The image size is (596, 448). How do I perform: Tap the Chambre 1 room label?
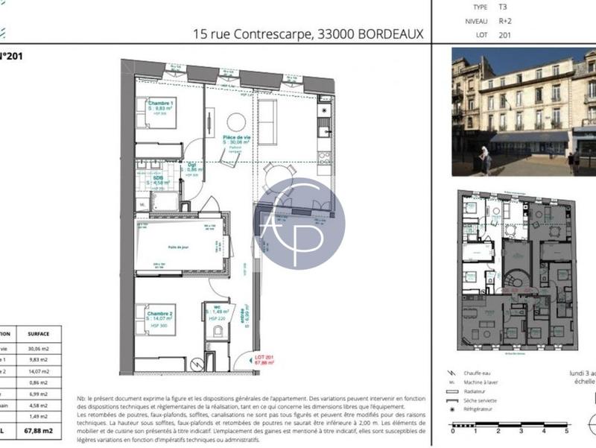tap(160, 103)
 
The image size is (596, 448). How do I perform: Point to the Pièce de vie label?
tap(236, 137)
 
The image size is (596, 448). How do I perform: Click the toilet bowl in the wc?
tap(218, 330)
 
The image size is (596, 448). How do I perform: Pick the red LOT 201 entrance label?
tap(264, 359)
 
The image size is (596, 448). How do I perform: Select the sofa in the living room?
tap(267, 122)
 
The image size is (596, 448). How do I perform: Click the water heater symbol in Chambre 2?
tap(196, 364)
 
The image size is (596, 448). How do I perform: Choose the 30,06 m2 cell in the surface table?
tap(38, 348)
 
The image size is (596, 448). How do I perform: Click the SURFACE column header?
tap(38, 335)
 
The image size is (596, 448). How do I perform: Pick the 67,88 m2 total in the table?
tap(38, 431)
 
